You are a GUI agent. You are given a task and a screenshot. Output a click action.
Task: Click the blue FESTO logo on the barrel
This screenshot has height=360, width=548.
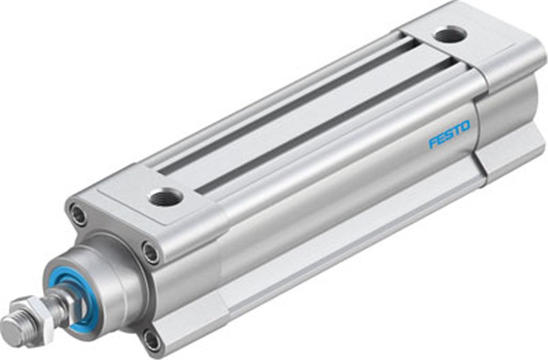point(450,135)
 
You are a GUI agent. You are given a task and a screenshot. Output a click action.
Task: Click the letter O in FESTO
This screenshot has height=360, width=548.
point(466,127)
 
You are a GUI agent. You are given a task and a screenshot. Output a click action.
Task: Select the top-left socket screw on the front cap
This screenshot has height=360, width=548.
point(79,215)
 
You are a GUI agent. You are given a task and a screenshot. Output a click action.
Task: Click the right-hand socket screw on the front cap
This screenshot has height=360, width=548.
point(151,252)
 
